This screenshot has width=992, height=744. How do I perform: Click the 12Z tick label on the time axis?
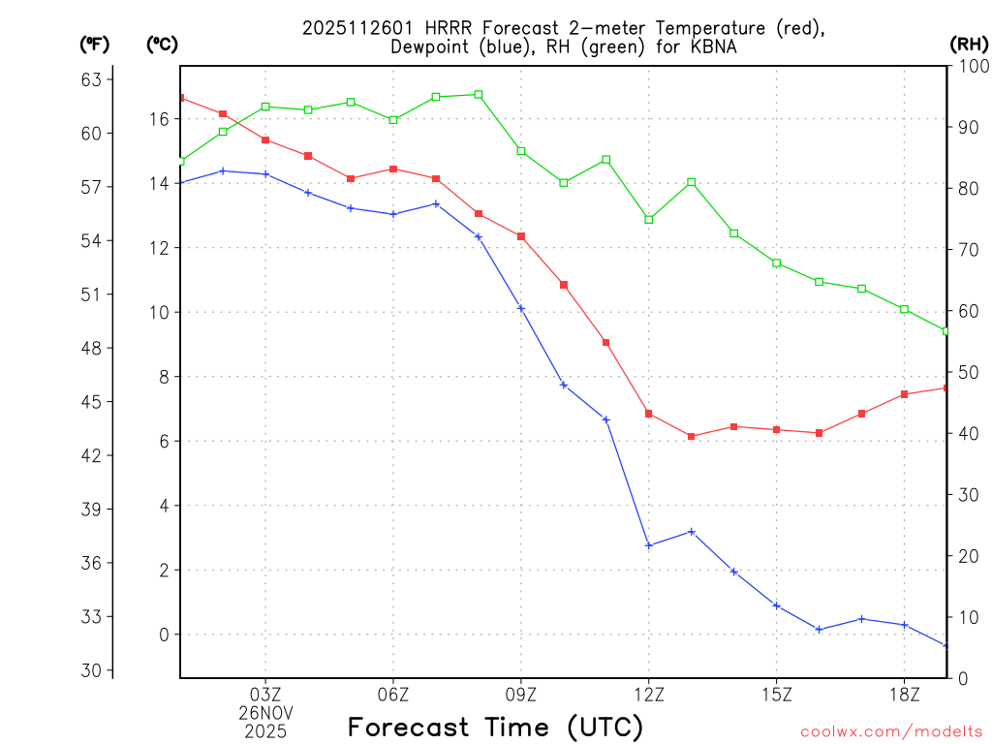point(648,694)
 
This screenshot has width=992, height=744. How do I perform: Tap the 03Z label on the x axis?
point(265,694)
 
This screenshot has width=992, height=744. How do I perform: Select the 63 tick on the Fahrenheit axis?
point(96,79)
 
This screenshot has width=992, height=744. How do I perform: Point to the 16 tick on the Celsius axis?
point(159,119)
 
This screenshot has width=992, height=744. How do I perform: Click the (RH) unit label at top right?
point(968,44)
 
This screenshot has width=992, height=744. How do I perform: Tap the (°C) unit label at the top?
point(163,44)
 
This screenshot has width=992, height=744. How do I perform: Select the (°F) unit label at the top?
point(96,44)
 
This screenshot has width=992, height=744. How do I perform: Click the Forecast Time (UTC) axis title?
point(495,727)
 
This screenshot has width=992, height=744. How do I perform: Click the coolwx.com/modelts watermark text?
point(891,731)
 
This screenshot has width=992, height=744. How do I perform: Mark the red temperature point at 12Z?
point(649,414)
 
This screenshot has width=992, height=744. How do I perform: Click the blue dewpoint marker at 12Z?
point(649,545)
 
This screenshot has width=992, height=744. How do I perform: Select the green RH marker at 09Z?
point(521,151)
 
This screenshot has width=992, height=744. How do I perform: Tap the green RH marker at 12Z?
point(649,220)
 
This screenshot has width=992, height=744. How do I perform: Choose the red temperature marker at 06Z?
point(393,169)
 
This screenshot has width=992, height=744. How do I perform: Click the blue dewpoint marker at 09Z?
point(521,308)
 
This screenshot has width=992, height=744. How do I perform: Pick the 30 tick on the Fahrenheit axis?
point(96,670)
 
